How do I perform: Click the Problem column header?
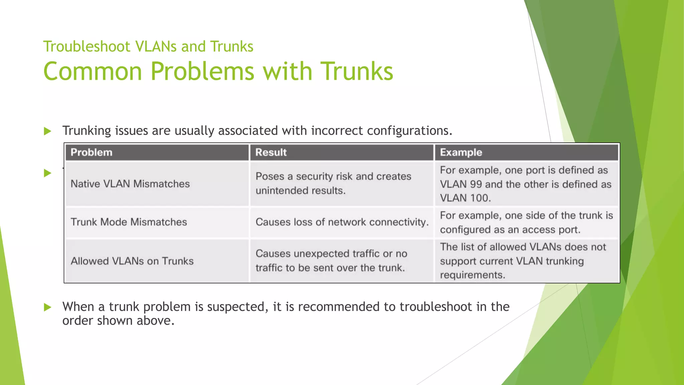pos(91,152)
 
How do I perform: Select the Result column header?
pos(271,152)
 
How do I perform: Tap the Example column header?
pos(461,152)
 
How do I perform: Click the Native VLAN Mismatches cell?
pos(130,184)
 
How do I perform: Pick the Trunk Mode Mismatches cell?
pos(129,222)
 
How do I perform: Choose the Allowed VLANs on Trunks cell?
pos(132,261)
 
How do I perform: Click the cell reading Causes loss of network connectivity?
pos(342,222)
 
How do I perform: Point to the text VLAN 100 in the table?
pos(465,198)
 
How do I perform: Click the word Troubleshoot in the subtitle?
pos(87,46)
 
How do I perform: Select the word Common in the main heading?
pos(93,71)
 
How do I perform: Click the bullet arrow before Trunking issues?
pos(48,131)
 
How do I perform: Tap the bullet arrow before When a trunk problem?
pos(48,307)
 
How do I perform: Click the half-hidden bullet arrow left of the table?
pos(48,173)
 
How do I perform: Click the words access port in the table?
pos(551,230)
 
